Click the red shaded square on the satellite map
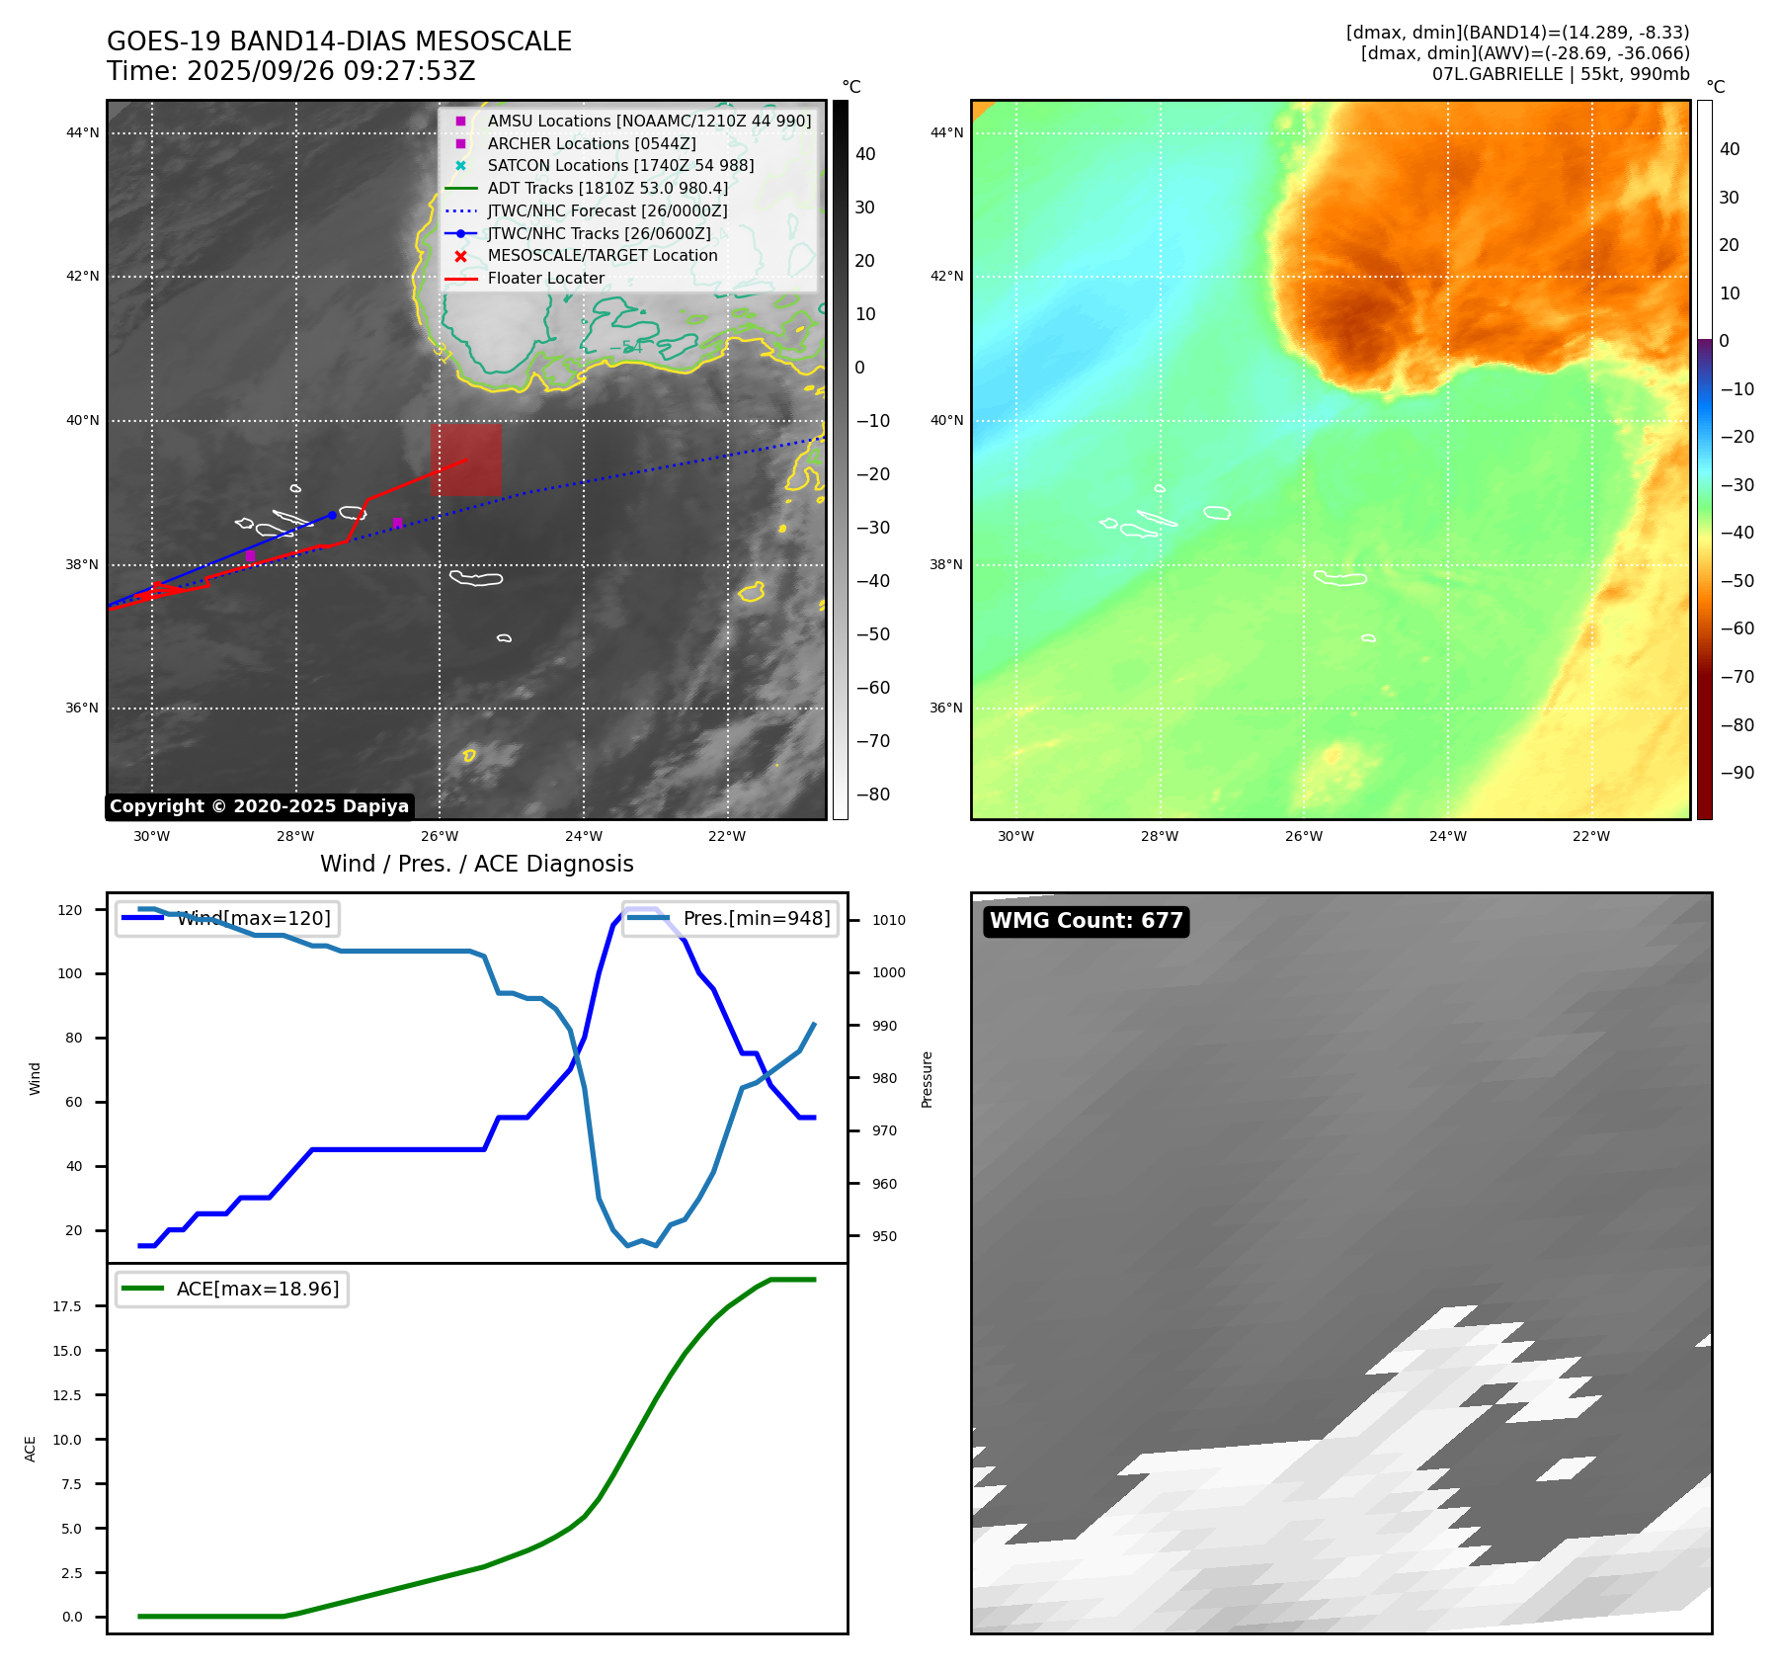click(x=465, y=459)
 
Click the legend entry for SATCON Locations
click(x=619, y=166)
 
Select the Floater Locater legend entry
click(x=545, y=279)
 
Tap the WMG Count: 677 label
click(x=1086, y=921)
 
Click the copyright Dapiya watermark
click(x=259, y=806)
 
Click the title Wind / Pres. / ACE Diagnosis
click(x=476, y=864)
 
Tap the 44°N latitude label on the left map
click(x=83, y=133)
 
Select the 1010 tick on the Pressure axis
click(x=888, y=920)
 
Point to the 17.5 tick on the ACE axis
click(x=67, y=1306)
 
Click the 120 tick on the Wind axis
click(x=70, y=910)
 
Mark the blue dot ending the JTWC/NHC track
click(x=332, y=515)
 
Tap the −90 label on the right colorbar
click(x=1737, y=773)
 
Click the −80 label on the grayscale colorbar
click(x=872, y=794)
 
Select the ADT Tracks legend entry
click(x=606, y=189)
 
